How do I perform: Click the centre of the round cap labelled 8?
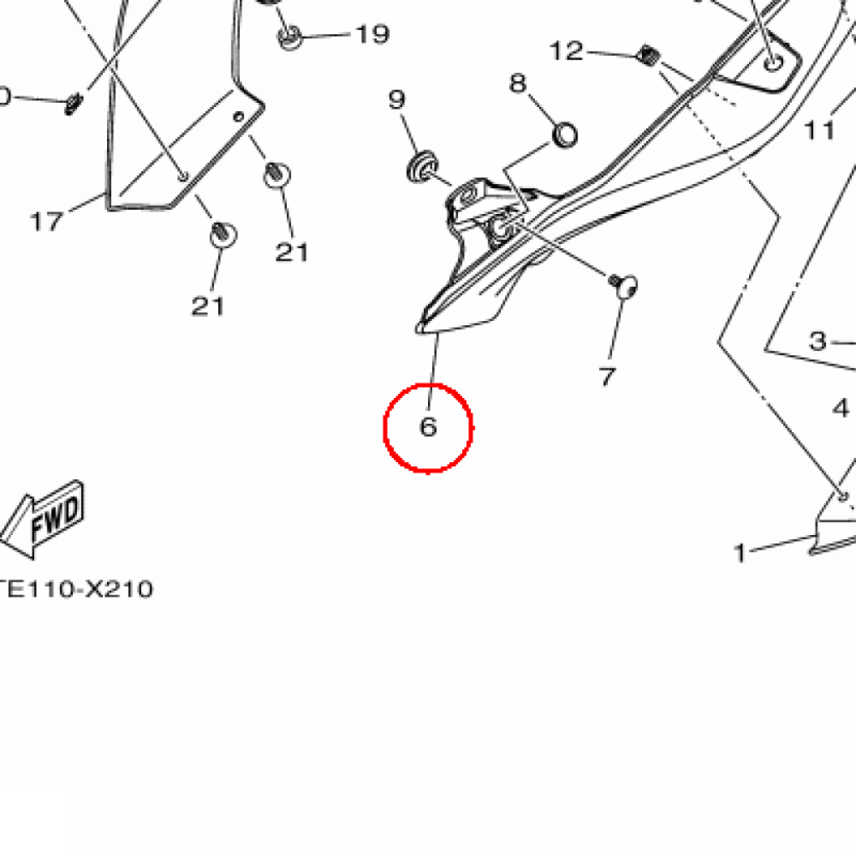(x=565, y=135)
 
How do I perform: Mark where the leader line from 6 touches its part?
(x=436, y=332)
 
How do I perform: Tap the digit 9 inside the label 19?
(x=380, y=34)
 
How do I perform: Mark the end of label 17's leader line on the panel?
(x=106, y=193)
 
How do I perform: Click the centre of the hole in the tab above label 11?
(x=773, y=63)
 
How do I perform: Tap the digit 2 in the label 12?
(x=574, y=51)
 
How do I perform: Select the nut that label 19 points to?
(x=288, y=37)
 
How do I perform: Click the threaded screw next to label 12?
(x=649, y=55)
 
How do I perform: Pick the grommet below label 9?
(x=422, y=166)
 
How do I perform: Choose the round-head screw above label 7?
(x=624, y=285)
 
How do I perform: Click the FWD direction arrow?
(x=41, y=520)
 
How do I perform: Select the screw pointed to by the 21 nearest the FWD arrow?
(x=222, y=234)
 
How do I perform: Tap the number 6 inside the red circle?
(x=429, y=426)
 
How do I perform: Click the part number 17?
(x=47, y=221)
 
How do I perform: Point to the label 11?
(x=819, y=130)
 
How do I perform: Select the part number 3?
(x=818, y=341)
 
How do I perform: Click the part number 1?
(x=741, y=553)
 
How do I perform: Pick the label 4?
(x=841, y=408)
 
